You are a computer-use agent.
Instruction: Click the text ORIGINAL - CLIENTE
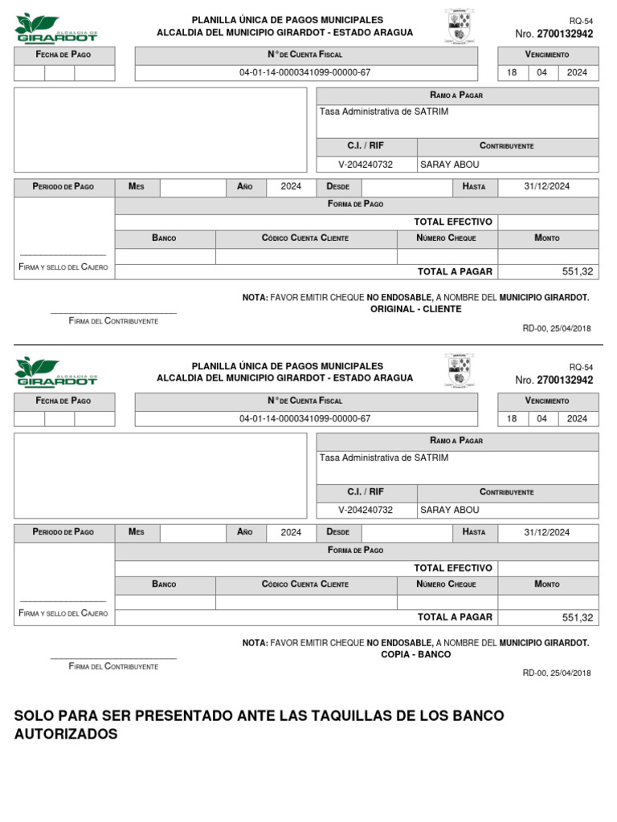(415, 309)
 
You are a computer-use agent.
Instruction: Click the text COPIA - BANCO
(415, 654)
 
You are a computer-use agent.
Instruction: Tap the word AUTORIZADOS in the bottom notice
(66, 735)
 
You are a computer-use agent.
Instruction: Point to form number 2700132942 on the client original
(565, 34)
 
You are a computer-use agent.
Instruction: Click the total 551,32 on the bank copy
(578, 617)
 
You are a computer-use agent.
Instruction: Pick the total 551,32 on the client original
(578, 271)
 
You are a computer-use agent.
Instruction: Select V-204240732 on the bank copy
(366, 510)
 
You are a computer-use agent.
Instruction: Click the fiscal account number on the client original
(305, 72)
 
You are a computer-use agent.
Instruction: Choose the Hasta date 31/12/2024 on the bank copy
(546, 532)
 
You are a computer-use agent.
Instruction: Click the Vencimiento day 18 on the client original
(512, 72)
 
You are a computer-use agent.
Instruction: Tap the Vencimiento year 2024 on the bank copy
(577, 418)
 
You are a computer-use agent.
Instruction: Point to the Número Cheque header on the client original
(447, 238)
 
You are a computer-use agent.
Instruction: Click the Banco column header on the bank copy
(164, 584)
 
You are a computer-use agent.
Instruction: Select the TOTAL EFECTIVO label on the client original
(453, 222)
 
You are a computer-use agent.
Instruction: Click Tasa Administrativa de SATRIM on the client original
(384, 112)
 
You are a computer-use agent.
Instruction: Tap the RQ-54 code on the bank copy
(580, 366)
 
